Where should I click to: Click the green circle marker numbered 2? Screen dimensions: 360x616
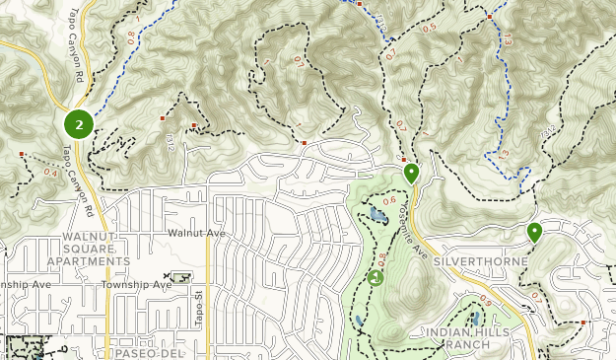79,124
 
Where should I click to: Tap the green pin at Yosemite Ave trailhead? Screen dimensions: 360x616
411,174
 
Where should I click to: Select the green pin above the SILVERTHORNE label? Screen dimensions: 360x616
534,233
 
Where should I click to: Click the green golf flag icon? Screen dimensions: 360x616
375,278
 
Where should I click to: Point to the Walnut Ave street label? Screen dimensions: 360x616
196,233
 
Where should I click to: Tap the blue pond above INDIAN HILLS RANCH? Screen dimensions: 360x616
476,320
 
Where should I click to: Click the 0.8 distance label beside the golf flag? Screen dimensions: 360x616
382,258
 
